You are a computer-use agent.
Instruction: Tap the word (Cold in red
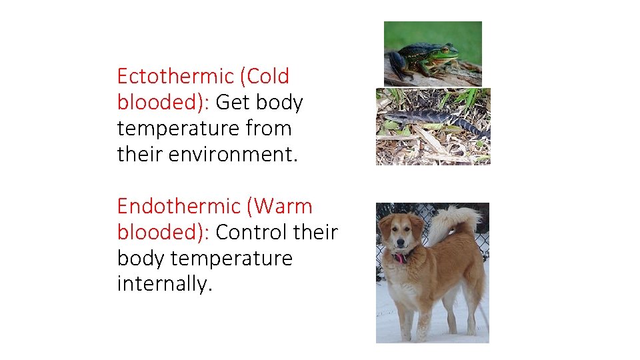267,77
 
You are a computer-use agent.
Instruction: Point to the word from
269,128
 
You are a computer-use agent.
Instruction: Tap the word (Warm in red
279,206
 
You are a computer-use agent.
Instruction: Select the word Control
251,232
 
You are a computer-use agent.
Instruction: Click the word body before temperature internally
137,258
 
